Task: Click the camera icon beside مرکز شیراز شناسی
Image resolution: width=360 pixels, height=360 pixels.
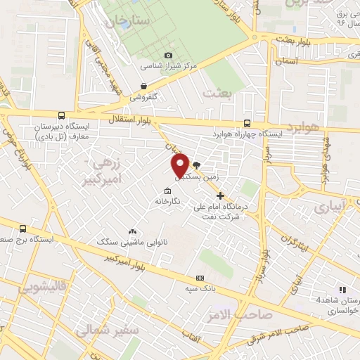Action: pos(167,56)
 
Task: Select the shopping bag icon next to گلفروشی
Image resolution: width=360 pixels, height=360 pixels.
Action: pos(143,86)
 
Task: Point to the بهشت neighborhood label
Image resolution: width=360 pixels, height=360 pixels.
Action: pos(217,91)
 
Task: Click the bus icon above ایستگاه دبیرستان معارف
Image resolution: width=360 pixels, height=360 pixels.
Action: pos(61,116)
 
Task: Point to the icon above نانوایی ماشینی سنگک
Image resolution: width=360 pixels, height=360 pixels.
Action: pos(132,231)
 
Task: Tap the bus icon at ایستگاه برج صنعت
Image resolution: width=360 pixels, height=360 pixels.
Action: pos(24,229)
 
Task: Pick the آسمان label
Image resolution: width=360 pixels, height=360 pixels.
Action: pos(288,62)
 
